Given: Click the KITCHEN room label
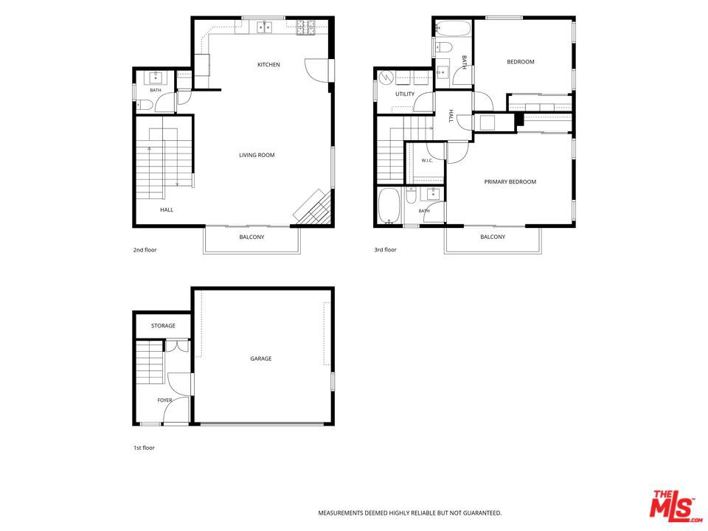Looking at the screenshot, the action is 268,65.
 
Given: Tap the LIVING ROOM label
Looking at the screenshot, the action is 257,155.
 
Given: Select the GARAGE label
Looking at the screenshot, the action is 261,358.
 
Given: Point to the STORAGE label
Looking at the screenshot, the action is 163,325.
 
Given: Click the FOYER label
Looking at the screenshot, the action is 164,400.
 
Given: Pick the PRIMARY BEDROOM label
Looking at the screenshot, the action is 510,181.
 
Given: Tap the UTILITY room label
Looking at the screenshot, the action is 405,94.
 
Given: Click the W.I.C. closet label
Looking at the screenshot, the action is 427,160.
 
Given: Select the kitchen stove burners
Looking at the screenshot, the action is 307,27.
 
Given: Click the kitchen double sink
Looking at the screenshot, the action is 265,27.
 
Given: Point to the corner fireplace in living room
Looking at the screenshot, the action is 313,206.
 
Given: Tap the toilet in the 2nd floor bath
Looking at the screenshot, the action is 145,105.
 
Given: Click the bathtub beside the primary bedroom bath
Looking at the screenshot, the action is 389,206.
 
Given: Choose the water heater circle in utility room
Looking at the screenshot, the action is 386,78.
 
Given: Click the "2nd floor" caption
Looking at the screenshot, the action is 145,250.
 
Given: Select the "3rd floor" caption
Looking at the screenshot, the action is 385,249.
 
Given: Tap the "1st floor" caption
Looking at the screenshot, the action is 144,448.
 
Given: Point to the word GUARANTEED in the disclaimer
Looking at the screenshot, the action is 484,513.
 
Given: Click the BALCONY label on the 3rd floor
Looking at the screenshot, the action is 493,237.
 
